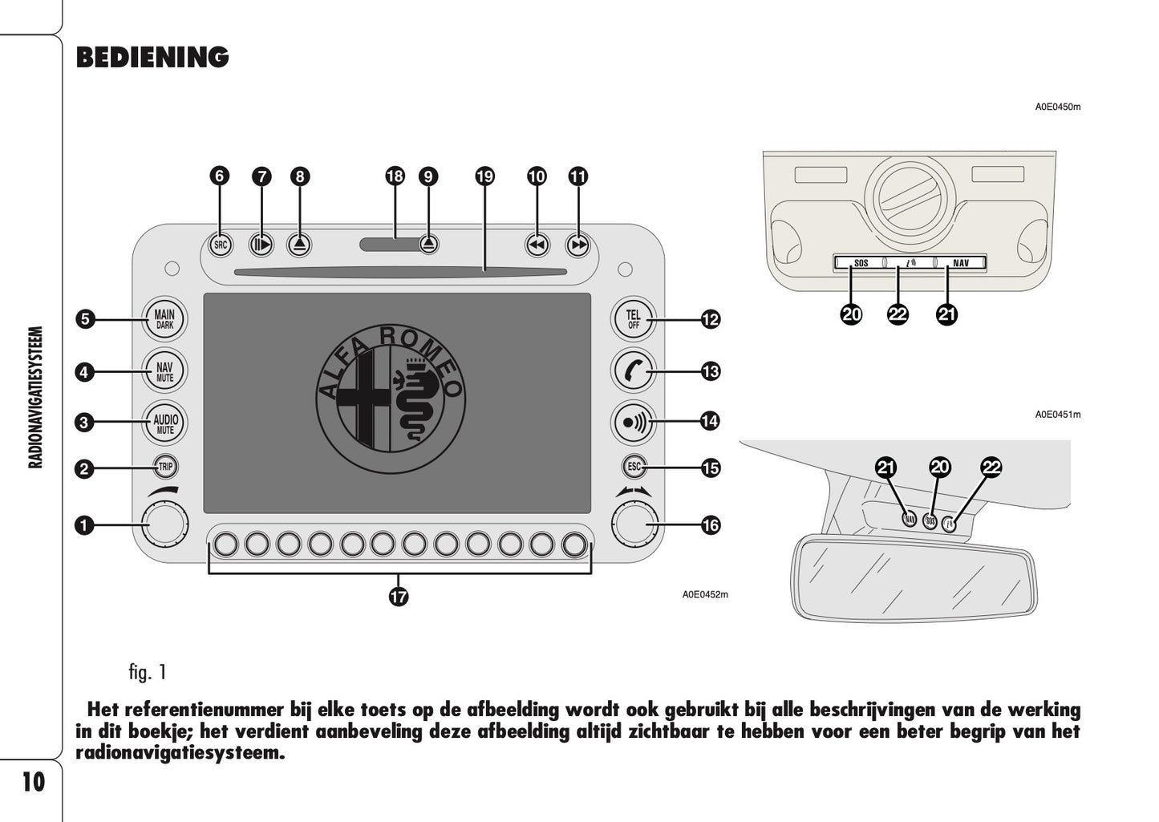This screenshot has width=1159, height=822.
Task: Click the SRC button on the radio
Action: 221,245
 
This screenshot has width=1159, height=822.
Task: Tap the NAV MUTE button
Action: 165,371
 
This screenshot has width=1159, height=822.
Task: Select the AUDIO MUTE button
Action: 165,422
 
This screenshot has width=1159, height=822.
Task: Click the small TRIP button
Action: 165,467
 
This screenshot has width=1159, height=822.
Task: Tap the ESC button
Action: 634,466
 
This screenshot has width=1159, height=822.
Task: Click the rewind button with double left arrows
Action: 537,245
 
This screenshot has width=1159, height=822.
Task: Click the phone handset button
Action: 634,371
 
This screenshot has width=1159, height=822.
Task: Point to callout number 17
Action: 399,596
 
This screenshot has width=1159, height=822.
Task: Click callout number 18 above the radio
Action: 395,176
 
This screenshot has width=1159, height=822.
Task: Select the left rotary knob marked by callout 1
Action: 165,524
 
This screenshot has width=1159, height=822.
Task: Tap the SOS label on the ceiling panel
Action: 861,263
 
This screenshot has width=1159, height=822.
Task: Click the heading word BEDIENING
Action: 152,58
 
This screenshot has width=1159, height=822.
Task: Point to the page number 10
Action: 33,781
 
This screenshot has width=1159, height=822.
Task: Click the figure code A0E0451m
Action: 1057,415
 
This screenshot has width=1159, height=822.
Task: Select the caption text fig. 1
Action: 147,672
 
